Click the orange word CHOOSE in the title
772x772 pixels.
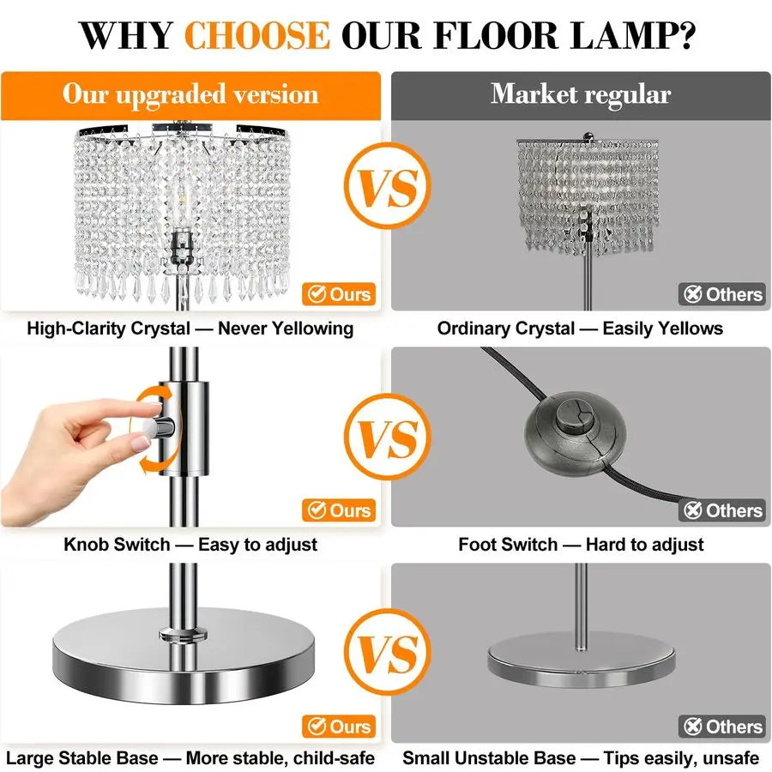click(x=256, y=36)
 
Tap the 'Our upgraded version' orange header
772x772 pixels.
click(x=190, y=94)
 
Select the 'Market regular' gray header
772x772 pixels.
click(x=581, y=94)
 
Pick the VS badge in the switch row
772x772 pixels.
click(x=385, y=437)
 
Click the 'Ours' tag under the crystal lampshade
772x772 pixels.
click(x=340, y=294)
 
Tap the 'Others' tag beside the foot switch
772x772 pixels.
click(x=722, y=510)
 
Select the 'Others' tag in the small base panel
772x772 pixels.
click(x=722, y=727)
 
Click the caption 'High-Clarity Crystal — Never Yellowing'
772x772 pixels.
click(x=190, y=329)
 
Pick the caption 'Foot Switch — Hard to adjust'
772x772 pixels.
click(x=581, y=545)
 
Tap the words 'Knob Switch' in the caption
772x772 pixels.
click(x=117, y=545)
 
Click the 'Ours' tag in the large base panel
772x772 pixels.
click(x=340, y=727)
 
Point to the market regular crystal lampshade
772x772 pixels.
click(x=582, y=193)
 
